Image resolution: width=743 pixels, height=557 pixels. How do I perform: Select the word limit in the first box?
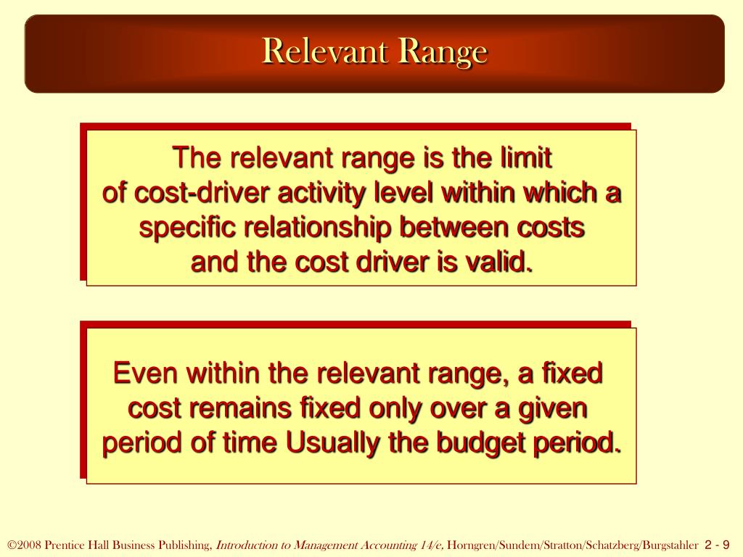pos(528,157)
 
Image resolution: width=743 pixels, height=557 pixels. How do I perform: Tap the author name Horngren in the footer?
pos(469,545)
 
